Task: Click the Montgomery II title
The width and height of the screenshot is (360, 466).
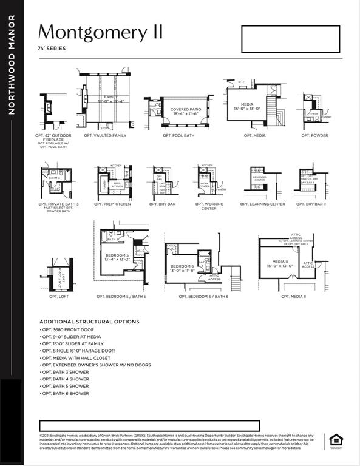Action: pyautogui.click(x=101, y=32)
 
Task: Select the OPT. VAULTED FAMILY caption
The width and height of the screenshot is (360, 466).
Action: pyautogui.click(x=101, y=135)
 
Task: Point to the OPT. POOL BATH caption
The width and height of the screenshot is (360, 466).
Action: pyautogui.click(x=178, y=135)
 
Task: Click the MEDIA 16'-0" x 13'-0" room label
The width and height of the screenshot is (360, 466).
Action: pyautogui.click(x=246, y=106)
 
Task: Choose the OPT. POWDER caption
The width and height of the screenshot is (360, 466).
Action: pyautogui.click(x=314, y=135)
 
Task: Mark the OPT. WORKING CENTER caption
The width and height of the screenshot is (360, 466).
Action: pyautogui.click(x=209, y=206)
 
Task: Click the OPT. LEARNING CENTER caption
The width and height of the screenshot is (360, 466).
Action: pyautogui.click(x=262, y=204)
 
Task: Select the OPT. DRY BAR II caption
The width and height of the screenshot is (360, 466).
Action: pyautogui.click(x=311, y=204)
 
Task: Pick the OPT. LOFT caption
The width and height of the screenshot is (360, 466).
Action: pyautogui.click(x=58, y=297)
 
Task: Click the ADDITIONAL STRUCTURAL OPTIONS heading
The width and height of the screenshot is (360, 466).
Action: pyautogui.click(x=89, y=322)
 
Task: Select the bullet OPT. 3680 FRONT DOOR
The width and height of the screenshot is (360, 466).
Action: pyautogui.click(x=67, y=329)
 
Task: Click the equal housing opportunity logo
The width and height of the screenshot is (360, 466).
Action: pyautogui.click(x=336, y=441)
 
